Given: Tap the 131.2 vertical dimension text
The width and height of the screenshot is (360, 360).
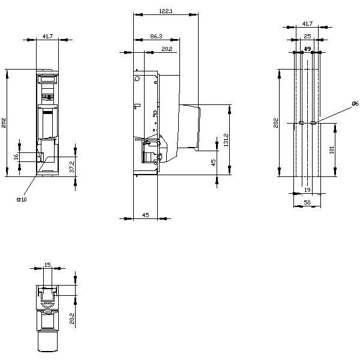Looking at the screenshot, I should [226, 140].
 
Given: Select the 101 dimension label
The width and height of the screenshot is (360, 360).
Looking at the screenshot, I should [332, 149].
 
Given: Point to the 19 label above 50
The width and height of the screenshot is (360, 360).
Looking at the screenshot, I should [307, 190].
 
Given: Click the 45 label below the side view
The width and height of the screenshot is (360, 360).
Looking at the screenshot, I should [145, 214].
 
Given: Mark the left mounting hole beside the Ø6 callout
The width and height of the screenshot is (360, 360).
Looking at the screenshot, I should [301, 124].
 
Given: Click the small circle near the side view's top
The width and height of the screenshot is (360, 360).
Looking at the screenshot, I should [137, 78].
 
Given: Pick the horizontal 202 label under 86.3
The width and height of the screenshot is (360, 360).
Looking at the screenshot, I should [167, 49].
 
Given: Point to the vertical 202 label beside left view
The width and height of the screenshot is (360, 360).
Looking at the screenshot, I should [4, 123].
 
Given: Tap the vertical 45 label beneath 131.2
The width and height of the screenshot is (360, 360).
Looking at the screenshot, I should [213, 161].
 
